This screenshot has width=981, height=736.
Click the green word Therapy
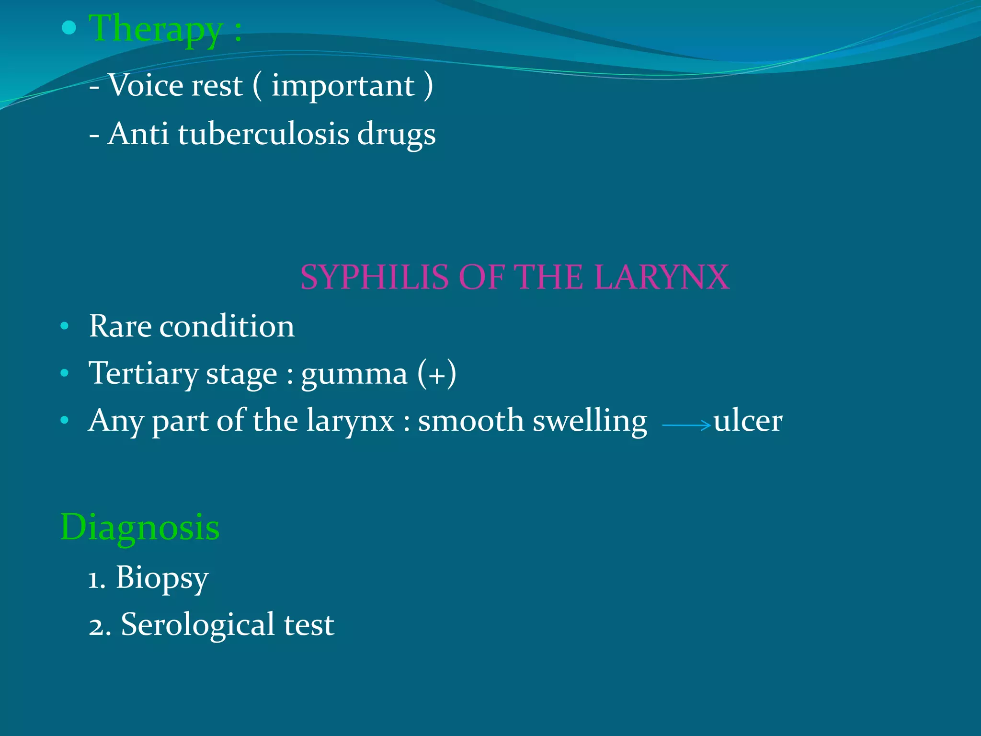[156, 29]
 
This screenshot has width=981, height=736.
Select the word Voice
[146, 86]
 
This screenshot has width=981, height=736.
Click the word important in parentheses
[343, 87]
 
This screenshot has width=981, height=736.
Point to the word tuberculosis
[263, 134]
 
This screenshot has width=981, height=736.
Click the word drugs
[396, 135]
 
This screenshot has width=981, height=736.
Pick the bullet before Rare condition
[65, 327]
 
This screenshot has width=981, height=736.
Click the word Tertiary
[143, 374]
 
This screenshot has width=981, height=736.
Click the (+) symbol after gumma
[436, 374]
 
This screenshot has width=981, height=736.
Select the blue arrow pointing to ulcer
[686, 425]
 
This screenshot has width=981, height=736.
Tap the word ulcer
[748, 421]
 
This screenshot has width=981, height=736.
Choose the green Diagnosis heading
[139, 527]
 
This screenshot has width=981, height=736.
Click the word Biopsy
[162, 577]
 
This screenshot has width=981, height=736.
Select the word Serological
[197, 625]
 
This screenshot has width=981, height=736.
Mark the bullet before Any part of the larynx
[65, 421]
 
